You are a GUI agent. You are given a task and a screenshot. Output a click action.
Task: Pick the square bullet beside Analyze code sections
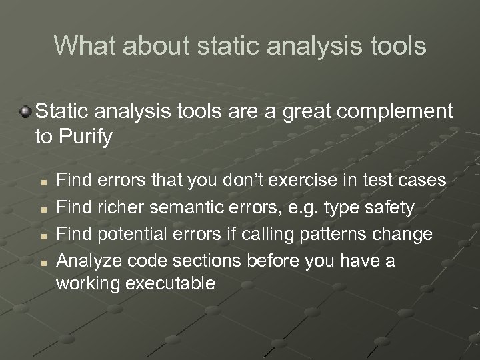(43, 262)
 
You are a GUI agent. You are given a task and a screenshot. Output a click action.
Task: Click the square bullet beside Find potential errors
(43, 236)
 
